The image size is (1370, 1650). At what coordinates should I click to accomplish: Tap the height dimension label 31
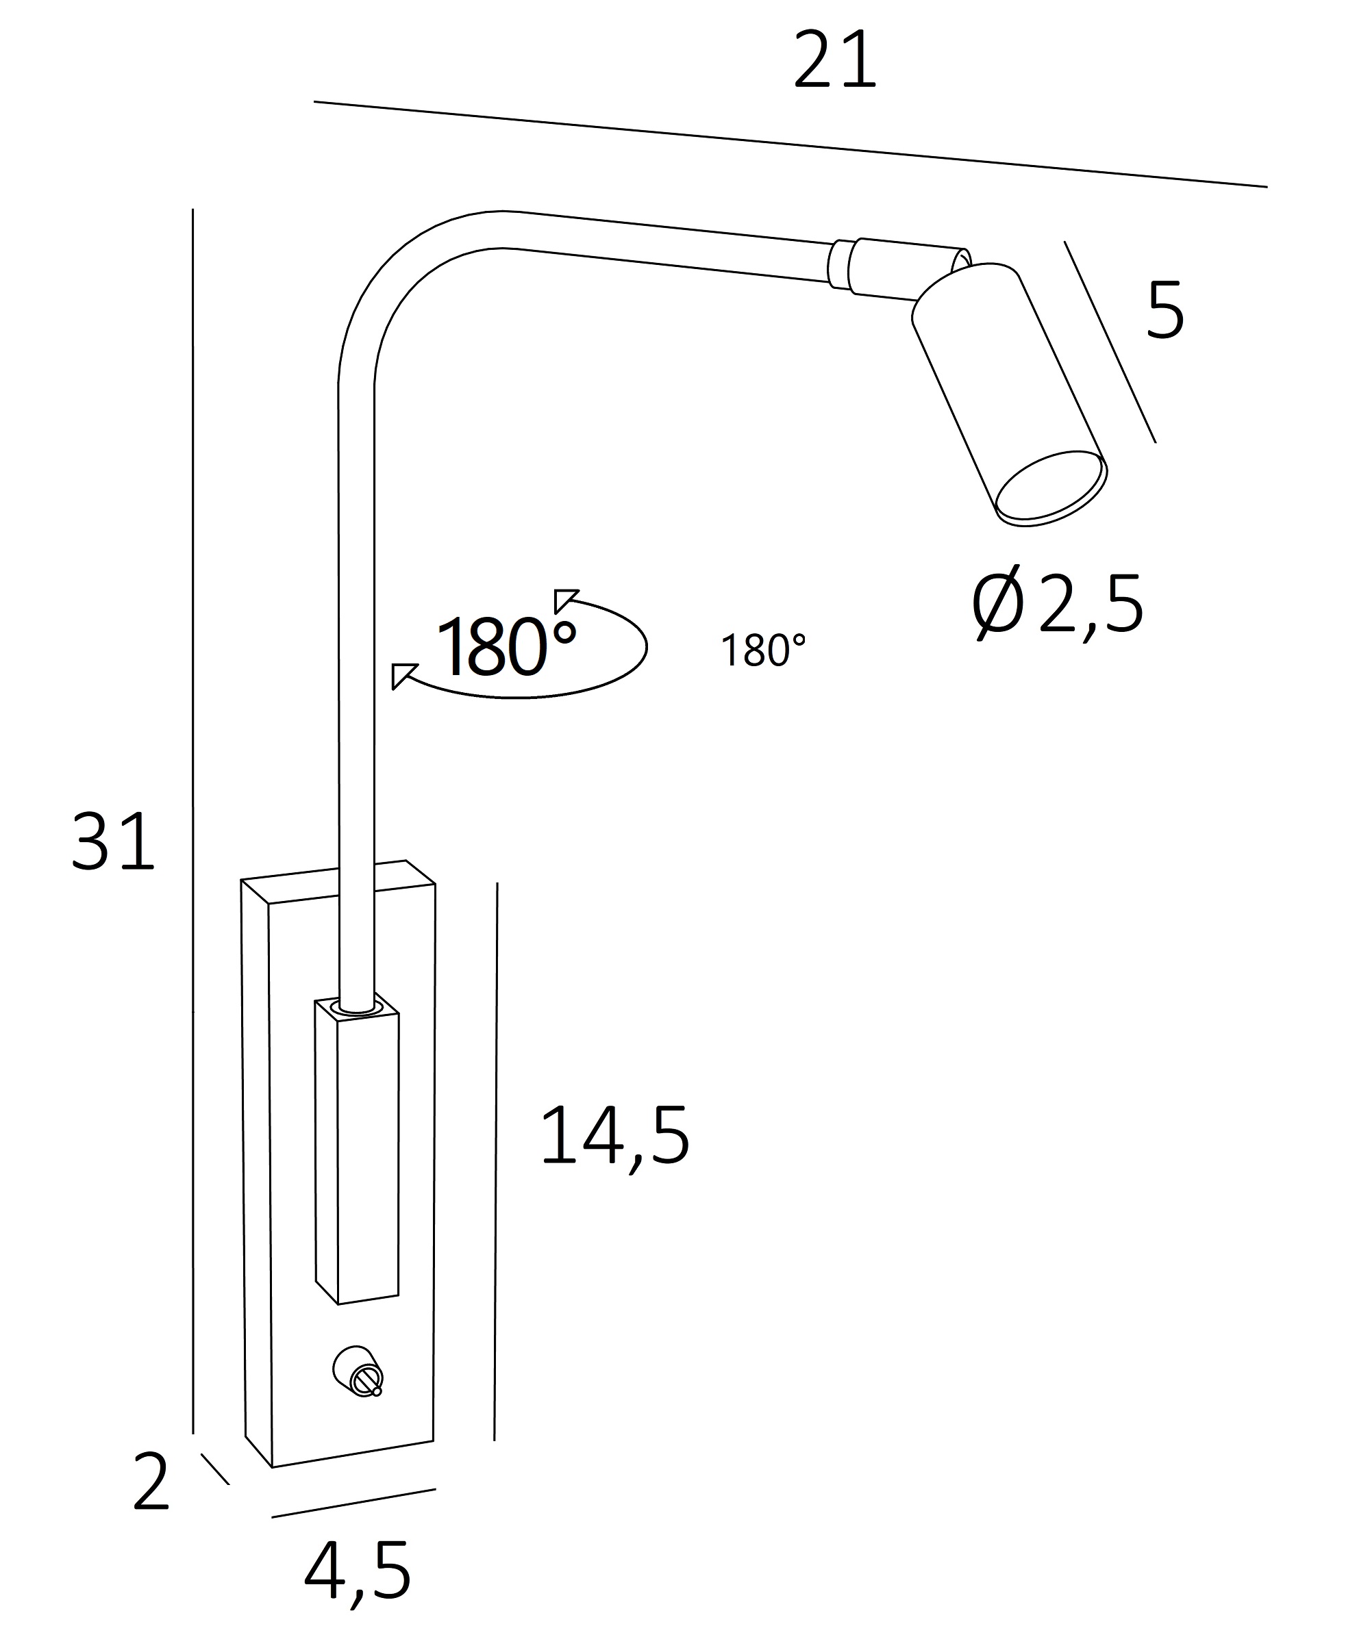112,841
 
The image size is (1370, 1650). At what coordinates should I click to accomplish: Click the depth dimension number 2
151,1482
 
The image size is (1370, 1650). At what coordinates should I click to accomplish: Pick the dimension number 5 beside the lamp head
1165,310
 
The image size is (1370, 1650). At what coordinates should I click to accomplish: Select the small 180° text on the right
763,650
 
